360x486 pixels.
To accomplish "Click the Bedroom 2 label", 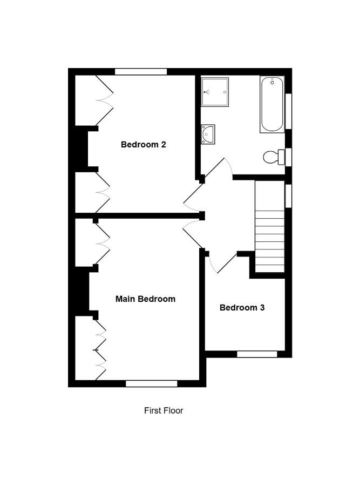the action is click(144, 144).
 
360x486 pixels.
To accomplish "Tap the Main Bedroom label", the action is click(145, 299).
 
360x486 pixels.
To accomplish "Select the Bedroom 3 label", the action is click(242, 307).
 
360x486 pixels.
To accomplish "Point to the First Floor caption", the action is click(164, 410).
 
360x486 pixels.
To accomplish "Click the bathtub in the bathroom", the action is click(272, 104).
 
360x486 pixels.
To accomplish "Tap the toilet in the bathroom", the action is click(274, 157).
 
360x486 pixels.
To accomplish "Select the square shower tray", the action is click(215, 92).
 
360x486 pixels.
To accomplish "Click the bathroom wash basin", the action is click(208, 134).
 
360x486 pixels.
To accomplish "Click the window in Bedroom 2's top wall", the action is click(141, 72).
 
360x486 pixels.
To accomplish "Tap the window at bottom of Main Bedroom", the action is click(152, 384).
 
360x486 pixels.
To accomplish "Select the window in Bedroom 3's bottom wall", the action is click(257, 354).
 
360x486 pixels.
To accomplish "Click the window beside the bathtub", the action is click(288, 111).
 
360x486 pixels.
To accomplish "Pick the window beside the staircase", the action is click(288, 196).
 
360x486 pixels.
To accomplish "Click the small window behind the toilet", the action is click(288, 157).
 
